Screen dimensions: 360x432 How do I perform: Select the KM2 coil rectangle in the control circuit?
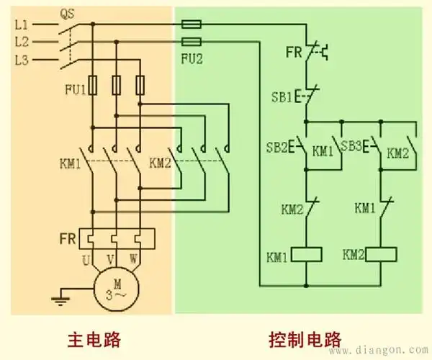382,254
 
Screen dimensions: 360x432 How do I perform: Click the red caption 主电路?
94,338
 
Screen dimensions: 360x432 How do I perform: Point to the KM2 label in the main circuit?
159,162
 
